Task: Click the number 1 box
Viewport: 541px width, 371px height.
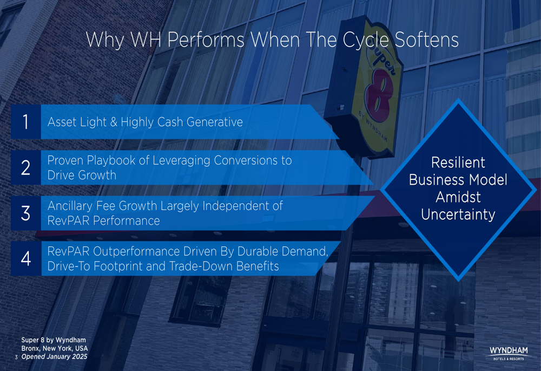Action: pyautogui.click(x=26, y=122)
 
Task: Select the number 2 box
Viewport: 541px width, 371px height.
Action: pyautogui.click(x=26, y=167)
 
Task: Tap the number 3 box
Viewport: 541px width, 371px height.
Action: pyautogui.click(x=26, y=213)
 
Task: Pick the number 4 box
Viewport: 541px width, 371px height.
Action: pyautogui.click(x=26, y=258)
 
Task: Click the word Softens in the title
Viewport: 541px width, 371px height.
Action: pyautogui.click(x=426, y=40)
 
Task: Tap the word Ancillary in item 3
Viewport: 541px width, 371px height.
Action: pyautogui.click(x=70, y=206)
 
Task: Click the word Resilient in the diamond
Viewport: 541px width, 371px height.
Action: pyautogui.click(x=458, y=162)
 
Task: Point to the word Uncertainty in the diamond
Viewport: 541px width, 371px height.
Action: pyautogui.click(x=458, y=214)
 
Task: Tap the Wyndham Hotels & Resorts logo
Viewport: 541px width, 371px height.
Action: pyautogui.click(x=509, y=353)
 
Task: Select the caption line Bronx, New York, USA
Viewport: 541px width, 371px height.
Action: pyautogui.click(x=55, y=348)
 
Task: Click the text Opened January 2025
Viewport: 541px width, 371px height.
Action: pyautogui.click(x=55, y=356)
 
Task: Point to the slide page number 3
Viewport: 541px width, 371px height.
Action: pyautogui.click(x=16, y=357)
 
